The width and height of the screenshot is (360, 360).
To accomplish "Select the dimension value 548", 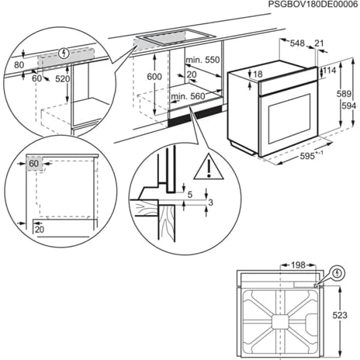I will tap(297, 43).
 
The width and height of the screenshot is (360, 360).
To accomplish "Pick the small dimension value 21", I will tap(320, 43).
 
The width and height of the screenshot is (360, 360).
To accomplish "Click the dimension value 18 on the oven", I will tap(259, 74).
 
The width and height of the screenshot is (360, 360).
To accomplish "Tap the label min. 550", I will tap(203, 59).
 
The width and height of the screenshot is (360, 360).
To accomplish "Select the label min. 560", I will tap(186, 96).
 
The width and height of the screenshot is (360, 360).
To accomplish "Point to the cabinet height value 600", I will tap(154, 76).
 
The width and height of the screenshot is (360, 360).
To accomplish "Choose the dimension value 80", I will tap(19, 66).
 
